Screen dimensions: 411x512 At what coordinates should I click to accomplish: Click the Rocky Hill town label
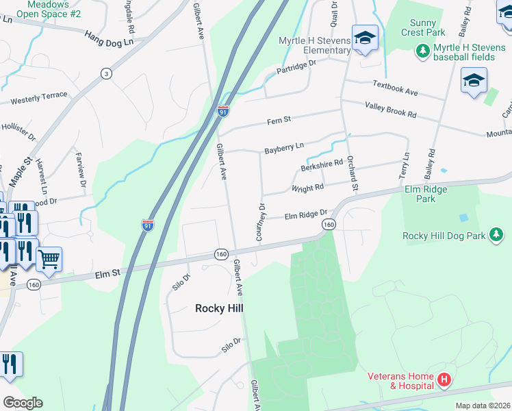pyautogui.click(x=219, y=308)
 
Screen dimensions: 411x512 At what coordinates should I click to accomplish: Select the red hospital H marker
pyautogui.click(x=444, y=379)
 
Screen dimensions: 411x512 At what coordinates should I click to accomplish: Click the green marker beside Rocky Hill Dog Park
pyautogui.click(x=496, y=236)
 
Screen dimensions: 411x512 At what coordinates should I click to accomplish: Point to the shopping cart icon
pyautogui.click(x=49, y=259)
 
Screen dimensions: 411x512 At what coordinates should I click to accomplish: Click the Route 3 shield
pyautogui.click(x=105, y=73)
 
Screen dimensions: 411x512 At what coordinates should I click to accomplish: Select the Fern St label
pyautogui.click(x=279, y=120)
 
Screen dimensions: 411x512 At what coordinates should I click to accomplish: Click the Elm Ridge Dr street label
pyautogui.click(x=307, y=215)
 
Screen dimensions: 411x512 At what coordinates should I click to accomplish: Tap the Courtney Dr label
pyautogui.click(x=260, y=221)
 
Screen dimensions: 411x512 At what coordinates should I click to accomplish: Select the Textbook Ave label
pyautogui.click(x=395, y=88)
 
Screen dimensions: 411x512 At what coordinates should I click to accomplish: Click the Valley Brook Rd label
pyautogui.click(x=391, y=110)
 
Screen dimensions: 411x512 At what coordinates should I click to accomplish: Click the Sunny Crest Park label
pyautogui.click(x=423, y=27)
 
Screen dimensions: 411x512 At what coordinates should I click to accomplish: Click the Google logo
pyautogui.click(x=23, y=403)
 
